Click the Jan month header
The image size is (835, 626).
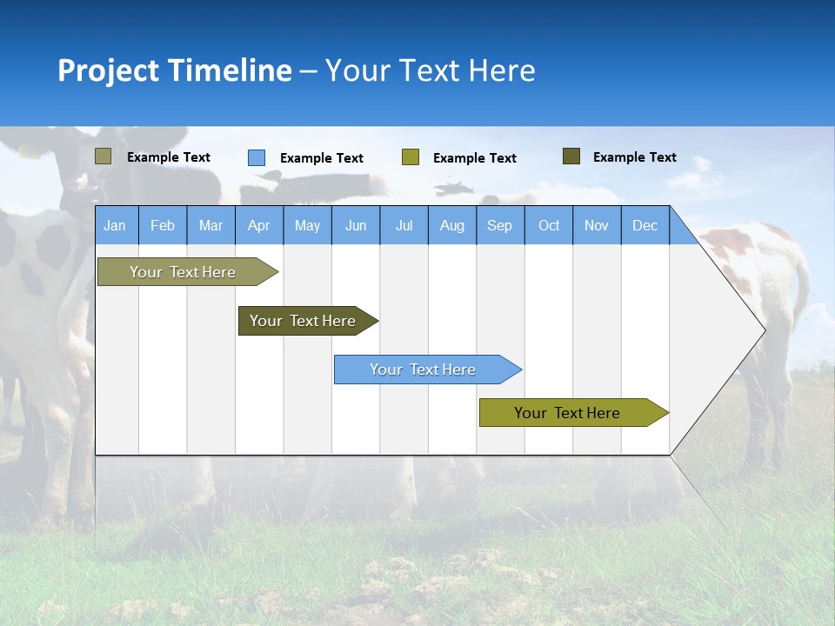115,225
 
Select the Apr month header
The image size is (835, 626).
258,225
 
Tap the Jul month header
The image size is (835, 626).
404,225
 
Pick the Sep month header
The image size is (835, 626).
499,225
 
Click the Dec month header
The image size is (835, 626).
645,225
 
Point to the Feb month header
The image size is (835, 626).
162,225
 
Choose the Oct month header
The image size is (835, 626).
549,225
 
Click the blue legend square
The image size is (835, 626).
257,157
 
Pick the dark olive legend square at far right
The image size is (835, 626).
571,156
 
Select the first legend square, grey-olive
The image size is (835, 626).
103,156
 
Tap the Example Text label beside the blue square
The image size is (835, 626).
322,158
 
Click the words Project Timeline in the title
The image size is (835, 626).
174,70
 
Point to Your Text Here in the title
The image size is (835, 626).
430,70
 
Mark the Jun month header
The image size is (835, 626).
356,225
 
